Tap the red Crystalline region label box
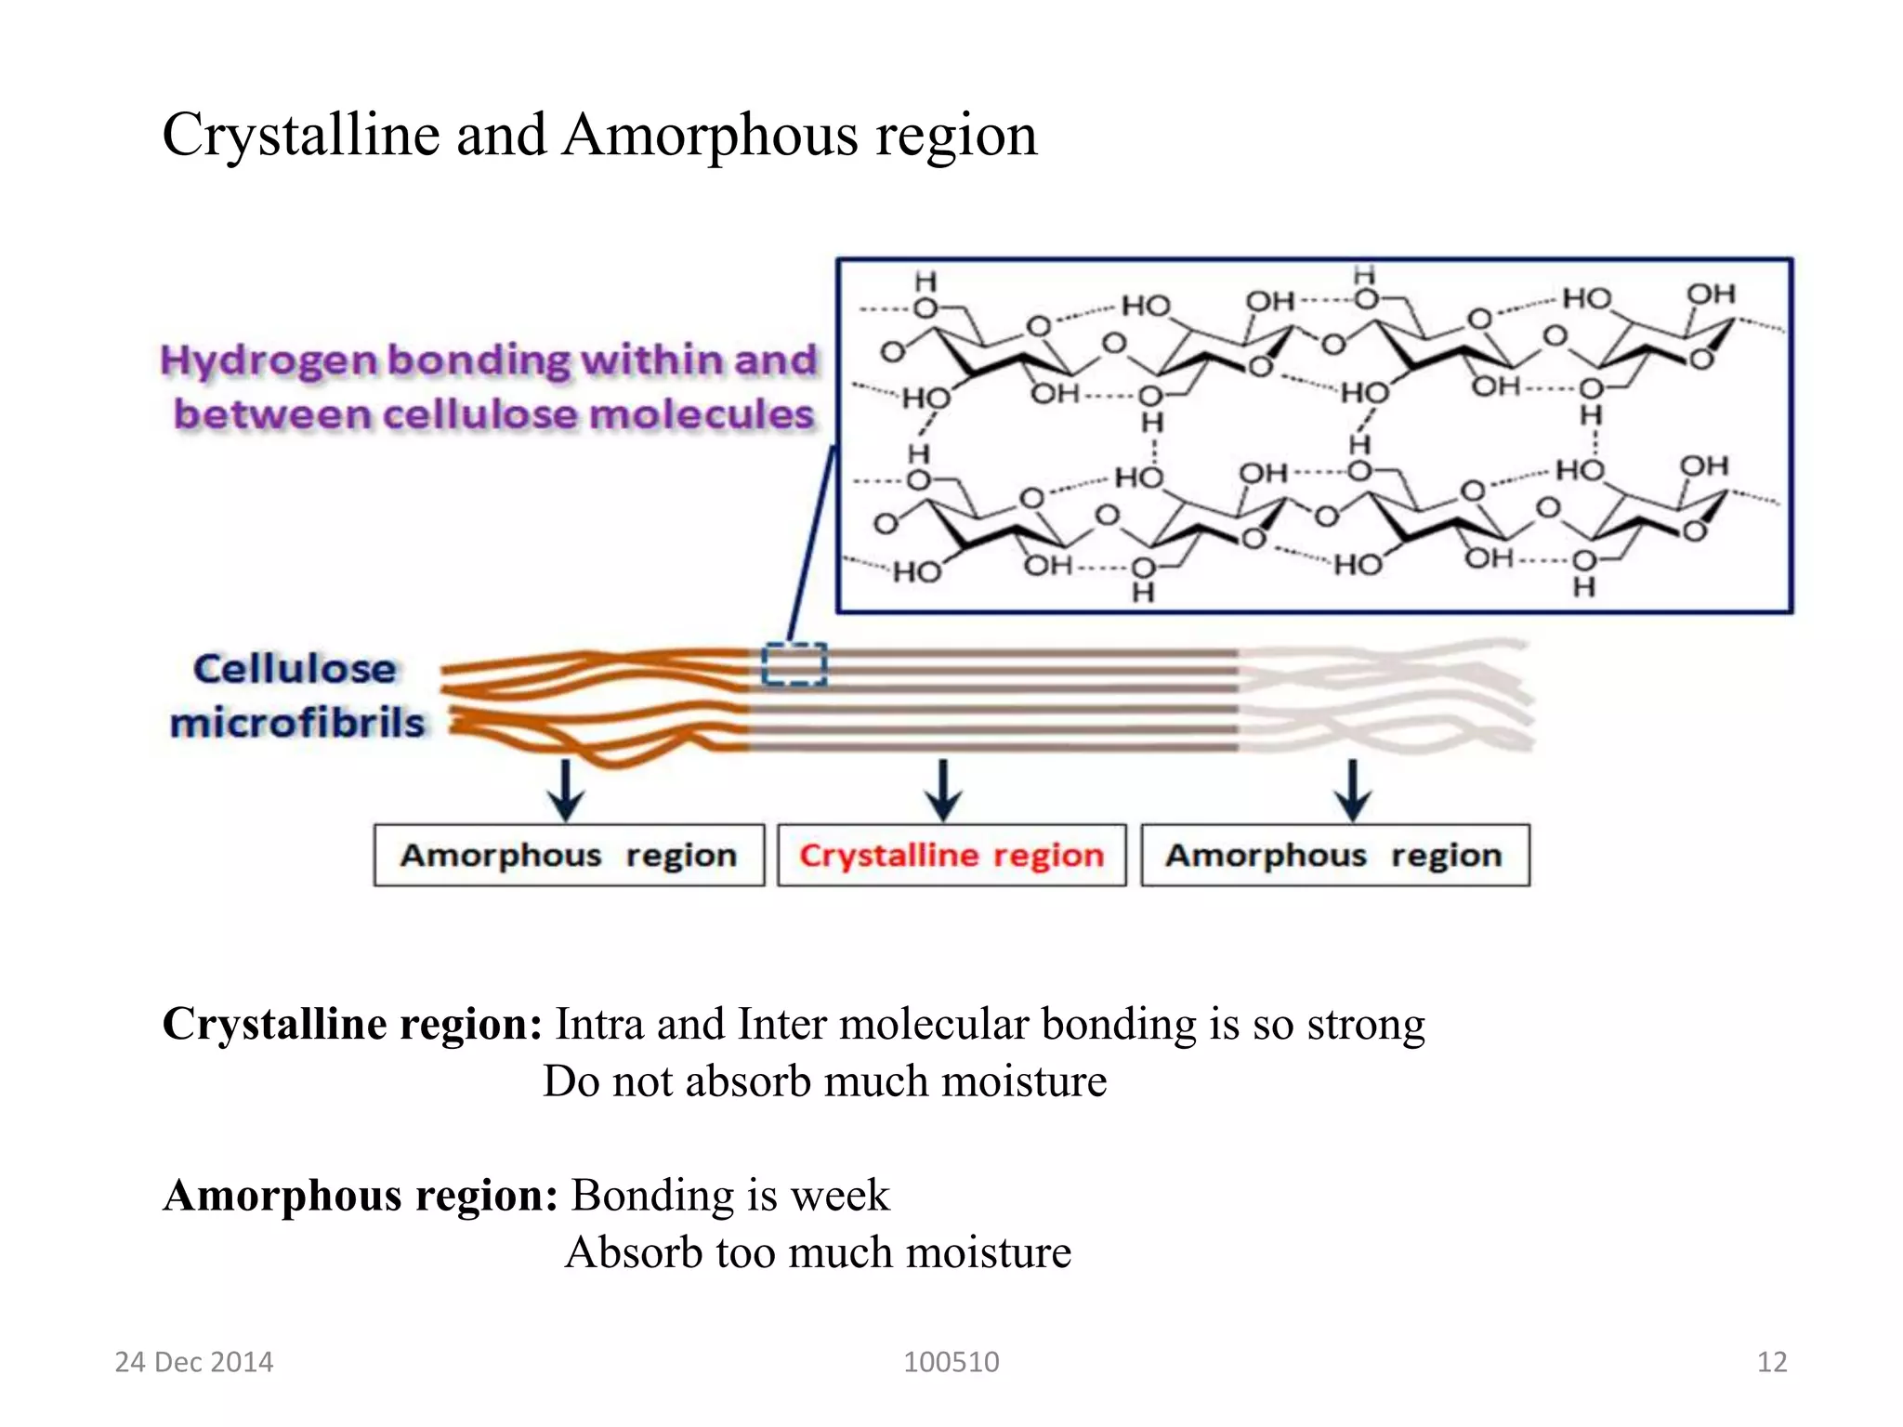point(951,855)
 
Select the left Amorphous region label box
point(569,855)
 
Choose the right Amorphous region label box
point(1334,855)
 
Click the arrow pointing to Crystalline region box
point(943,790)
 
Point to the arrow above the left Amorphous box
point(565,790)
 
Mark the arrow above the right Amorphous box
point(1353,790)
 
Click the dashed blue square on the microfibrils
point(794,664)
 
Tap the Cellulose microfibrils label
point(296,695)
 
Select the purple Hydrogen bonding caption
point(491,386)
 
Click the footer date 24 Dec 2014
point(193,1362)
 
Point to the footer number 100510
point(951,1362)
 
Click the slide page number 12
point(1771,1362)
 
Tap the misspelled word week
point(839,1195)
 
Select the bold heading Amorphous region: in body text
point(361,1195)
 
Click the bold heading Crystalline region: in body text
point(352,1024)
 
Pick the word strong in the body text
point(1365,1024)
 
